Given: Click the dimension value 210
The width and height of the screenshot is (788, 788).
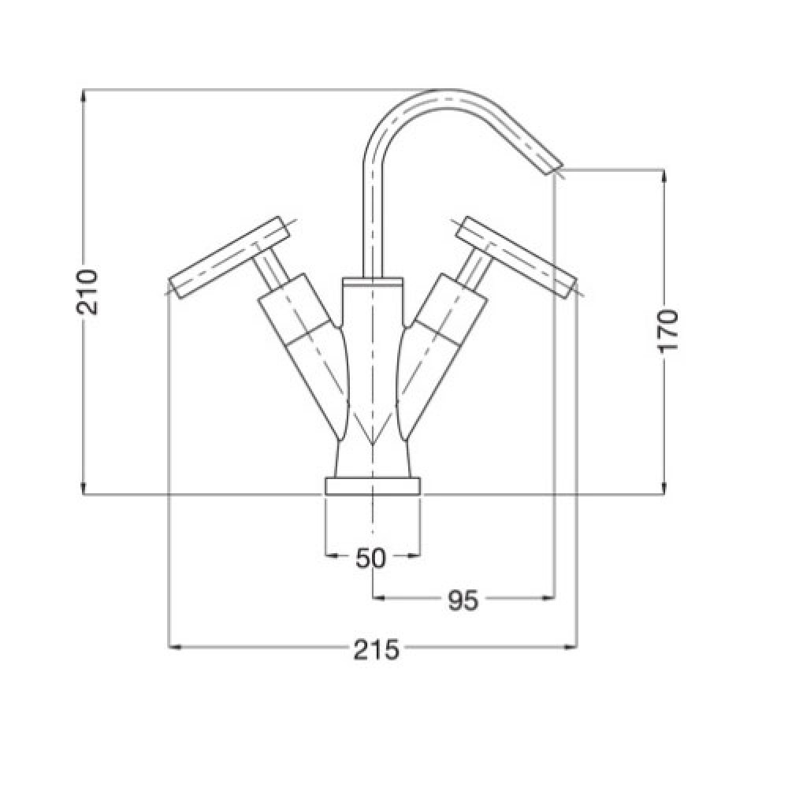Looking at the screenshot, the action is (x=87, y=292).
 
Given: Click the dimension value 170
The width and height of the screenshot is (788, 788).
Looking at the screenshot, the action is (x=668, y=330).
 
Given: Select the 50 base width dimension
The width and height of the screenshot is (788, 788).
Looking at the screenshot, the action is (x=370, y=558).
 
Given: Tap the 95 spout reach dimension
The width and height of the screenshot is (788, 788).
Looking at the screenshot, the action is (x=463, y=600).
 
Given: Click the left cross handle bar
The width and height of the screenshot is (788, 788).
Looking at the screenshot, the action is (x=229, y=257).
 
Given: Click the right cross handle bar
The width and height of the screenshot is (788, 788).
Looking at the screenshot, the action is (x=517, y=257).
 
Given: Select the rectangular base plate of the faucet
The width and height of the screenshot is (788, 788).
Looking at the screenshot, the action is (x=373, y=486).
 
